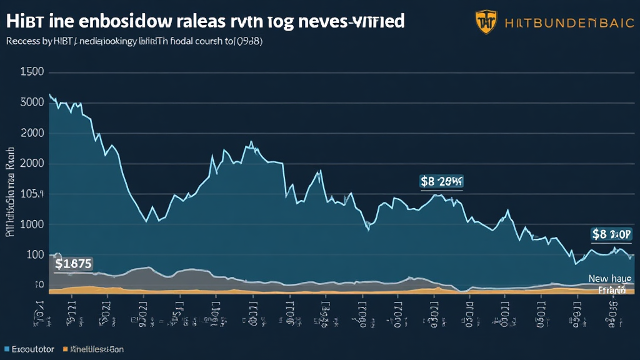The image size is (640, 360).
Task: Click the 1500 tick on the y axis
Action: tap(32, 72)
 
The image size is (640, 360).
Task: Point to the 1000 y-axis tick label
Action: tap(32, 225)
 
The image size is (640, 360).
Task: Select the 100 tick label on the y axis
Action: tap(34, 255)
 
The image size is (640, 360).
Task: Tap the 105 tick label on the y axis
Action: tap(32, 194)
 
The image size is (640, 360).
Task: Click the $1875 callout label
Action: tap(73, 264)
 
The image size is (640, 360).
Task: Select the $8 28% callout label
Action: tap(442, 182)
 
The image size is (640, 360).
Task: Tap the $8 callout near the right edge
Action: tap(611, 234)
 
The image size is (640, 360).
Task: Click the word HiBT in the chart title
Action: tap(24, 20)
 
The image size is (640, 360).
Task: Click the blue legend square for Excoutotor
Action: tap(7, 348)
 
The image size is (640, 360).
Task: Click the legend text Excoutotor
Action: tap(33, 348)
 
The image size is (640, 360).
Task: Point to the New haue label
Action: tap(609, 279)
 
